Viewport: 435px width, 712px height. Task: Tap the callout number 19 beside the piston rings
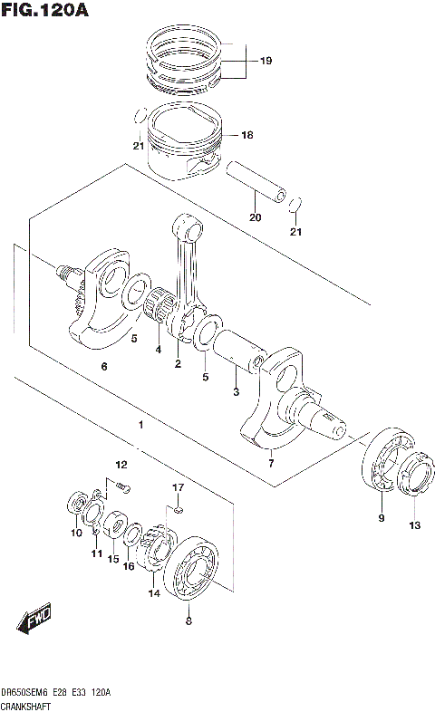coord(266,62)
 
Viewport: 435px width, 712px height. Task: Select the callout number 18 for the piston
coord(246,135)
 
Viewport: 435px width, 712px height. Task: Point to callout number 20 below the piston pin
coord(255,217)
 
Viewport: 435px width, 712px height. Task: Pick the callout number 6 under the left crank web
coord(104,366)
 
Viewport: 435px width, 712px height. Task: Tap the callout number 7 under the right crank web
coord(270,464)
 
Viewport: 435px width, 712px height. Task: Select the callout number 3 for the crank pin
coord(236,391)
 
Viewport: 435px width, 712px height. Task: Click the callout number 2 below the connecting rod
coord(178,364)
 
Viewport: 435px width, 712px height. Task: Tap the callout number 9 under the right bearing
coord(382,518)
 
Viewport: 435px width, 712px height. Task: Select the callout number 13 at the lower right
coord(414,525)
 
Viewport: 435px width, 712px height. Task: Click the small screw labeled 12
coord(122,489)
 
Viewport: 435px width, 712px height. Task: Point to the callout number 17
coord(179,489)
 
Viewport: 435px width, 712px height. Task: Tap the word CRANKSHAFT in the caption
coord(28,704)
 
